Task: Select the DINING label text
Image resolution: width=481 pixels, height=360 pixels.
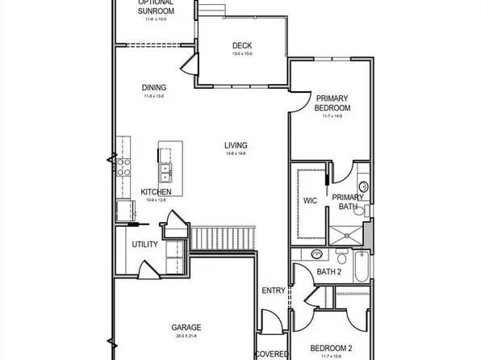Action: coord(154,88)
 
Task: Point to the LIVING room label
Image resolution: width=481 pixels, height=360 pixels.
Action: coord(236,145)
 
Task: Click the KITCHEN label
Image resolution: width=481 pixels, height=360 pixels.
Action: coord(156,191)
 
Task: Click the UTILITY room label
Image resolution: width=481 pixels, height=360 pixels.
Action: coord(145,245)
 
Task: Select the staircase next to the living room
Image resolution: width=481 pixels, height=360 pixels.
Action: coord(224,237)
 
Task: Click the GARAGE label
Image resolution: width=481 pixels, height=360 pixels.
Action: coord(186,327)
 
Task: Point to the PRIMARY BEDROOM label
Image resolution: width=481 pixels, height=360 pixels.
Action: coord(333,103)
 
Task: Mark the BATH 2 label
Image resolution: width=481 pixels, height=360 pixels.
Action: coord(328,272)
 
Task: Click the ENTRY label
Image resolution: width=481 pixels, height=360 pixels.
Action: coord(274,291)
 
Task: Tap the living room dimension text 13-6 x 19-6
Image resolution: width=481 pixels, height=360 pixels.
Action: coord(236,153)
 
